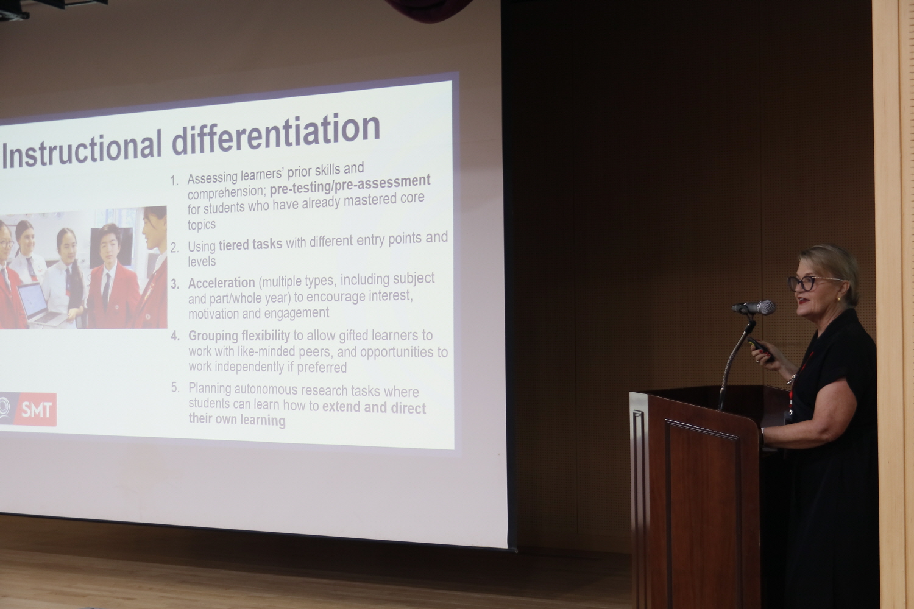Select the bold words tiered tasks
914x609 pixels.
click(x=250, y=244)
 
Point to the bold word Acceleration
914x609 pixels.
click(x=222, y=283)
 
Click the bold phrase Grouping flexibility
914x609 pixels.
click(x=239, y=336)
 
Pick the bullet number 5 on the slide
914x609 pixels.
click(x=175, y=387)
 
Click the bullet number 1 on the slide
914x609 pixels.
click(x=174, y=181)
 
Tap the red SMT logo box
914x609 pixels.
click(x=36, y=409)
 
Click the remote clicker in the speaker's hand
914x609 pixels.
click(x=761, y=349)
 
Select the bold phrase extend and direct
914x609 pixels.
click(x=374, y=407)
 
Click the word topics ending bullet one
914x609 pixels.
click(x=202, y=225)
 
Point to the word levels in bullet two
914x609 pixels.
click(x=202, y=261)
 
